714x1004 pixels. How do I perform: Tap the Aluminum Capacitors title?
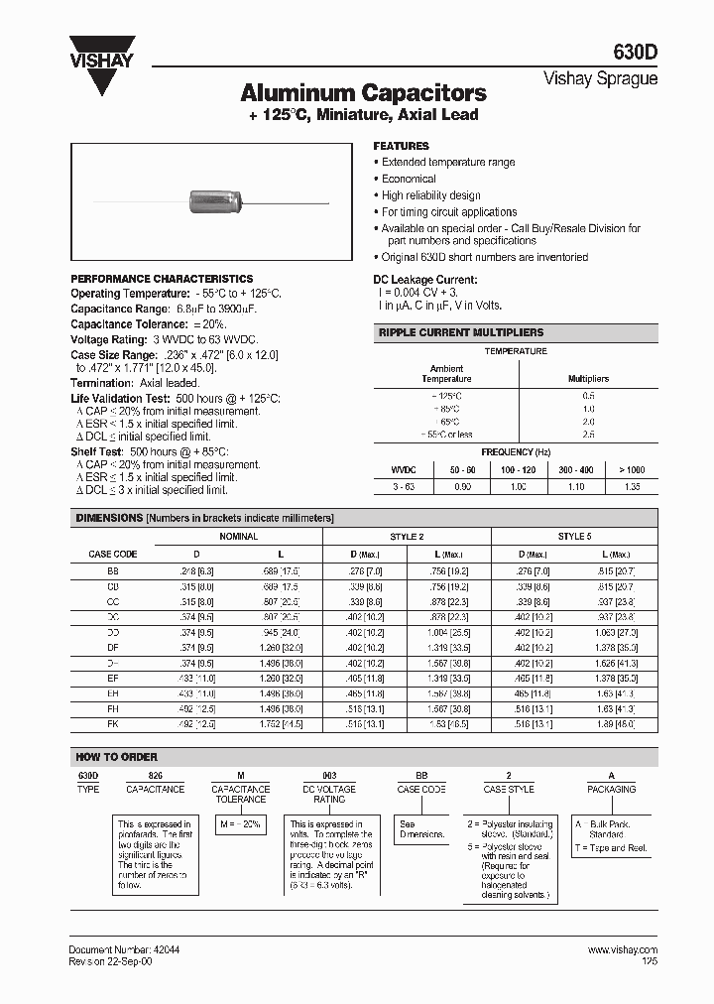(363, 94)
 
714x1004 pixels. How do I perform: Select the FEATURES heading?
(401, 146)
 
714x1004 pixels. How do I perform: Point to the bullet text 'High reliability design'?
(430, 195)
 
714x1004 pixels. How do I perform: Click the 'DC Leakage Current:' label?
(425, 281)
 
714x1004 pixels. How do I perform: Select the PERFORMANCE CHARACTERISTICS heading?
(162, 279)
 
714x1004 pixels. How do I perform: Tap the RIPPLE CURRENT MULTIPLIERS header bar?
(515, 333)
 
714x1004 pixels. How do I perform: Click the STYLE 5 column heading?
(574, 536)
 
